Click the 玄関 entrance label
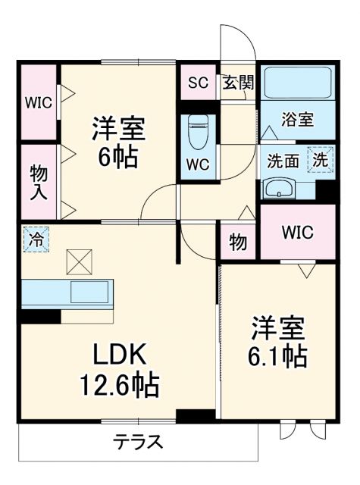coord(237,83)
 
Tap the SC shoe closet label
coord(198,83)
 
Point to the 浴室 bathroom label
coord(298,120)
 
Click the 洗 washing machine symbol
coord(321,160)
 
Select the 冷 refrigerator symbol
coord(34,239)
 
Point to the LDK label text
coord(119,353)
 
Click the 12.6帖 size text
coord(119,386)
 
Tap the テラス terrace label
coord(138,442)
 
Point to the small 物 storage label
coord(238,243)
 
